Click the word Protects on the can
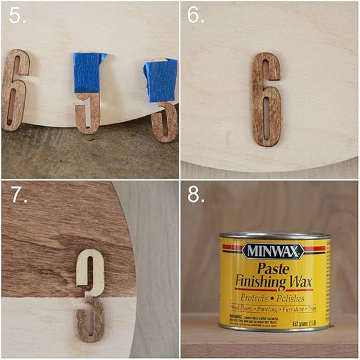pos(256,297)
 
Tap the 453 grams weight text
pos(303,324)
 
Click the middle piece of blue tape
pos(89,73)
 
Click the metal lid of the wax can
pos(273,235)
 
